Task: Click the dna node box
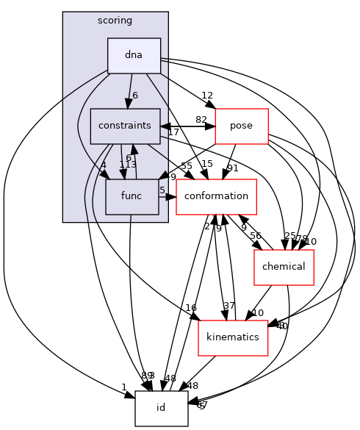[134, 55]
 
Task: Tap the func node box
[132, 196]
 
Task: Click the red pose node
[241, 126]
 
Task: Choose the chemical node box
[284, 267]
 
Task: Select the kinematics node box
[232, 337]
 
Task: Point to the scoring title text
[115, 20]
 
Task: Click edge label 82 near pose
[201, 120]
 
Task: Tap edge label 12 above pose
[207, 96]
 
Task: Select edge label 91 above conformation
[232, 168]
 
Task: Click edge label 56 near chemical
[256, 236]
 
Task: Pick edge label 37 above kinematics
[229, 306]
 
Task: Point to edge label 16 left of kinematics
[191, 307]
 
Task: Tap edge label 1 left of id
[124, 387]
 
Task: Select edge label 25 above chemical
[290, 236]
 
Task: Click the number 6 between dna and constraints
[135, 96]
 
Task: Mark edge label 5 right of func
[162, 190]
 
